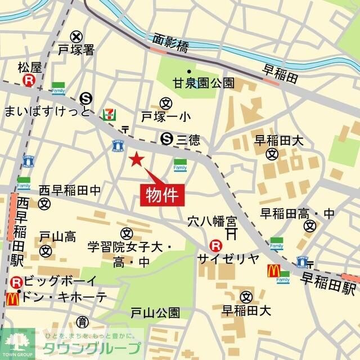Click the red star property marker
pyautogui.click(x=136, y=159)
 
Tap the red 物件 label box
pyautogui.click(x=162, y=196)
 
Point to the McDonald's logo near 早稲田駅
pyautogui.click(x=273, y=271)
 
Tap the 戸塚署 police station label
pyautogui.click(x=76, y=51)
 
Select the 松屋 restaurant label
pyautogui.click(x=30, y=68)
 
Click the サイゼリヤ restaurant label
pyautogui.click(x=228, y=259)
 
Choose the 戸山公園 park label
pyautogui.click(x=155, y=312)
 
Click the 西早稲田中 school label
pyautogui.click(x=70, y=191)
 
